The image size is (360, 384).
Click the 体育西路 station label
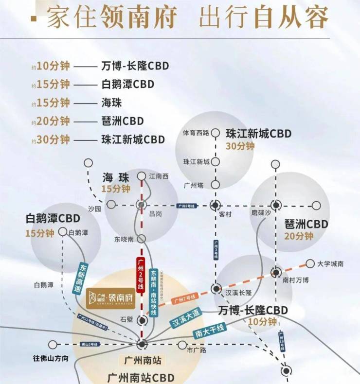click(196, 132)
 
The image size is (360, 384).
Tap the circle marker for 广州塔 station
click(216, 185)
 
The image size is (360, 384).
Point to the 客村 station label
click(224, 213)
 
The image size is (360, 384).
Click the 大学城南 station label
click(330, 264)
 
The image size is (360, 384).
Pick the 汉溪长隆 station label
click(238, 293)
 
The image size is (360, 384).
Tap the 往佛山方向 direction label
click(51, 358)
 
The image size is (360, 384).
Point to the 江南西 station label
click(159, 176)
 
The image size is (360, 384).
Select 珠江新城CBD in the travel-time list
click(133, 139)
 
